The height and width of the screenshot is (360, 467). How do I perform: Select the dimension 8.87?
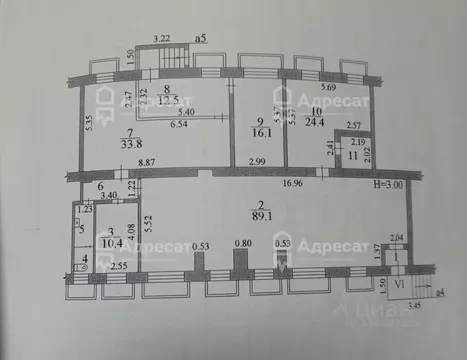(146, 162)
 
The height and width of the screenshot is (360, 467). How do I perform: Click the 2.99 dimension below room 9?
(256, 162)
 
